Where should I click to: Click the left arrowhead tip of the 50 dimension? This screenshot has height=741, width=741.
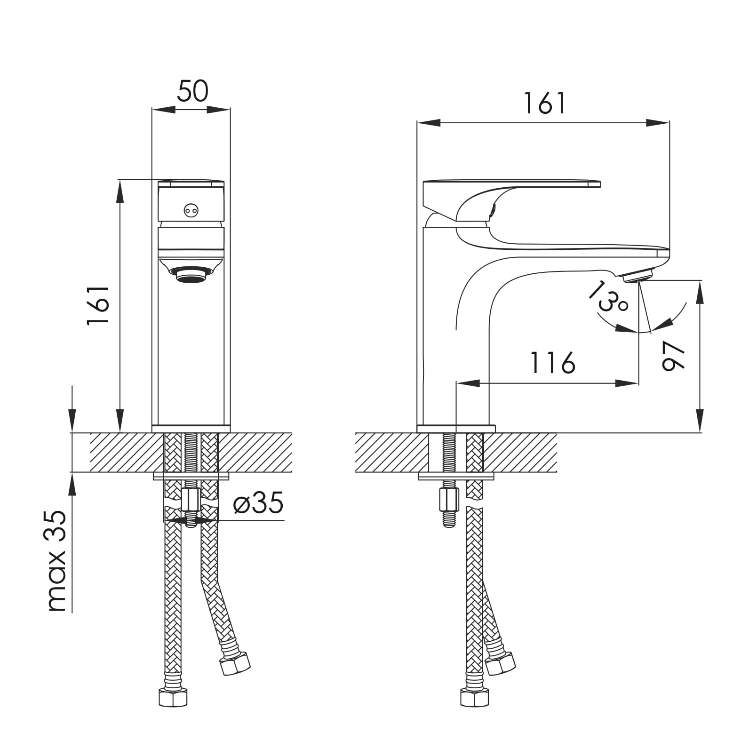point(152,110)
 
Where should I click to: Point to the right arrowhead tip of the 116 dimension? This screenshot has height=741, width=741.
point(638,383)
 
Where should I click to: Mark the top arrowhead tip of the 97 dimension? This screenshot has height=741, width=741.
point(701,281)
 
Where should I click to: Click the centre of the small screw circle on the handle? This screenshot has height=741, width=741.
point(191,211)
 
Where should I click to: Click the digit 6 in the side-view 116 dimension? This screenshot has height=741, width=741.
point(566,362)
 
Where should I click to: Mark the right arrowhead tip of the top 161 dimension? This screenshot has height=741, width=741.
point(669,123)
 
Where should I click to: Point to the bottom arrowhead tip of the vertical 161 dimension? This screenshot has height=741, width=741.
point(120,432)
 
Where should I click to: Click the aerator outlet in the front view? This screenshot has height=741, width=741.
point(191,275)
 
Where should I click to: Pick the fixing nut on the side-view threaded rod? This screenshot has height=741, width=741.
point(449,500)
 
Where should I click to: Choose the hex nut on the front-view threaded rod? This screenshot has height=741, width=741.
point(191,500)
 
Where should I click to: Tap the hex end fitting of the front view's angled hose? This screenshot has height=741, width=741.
point(235,663)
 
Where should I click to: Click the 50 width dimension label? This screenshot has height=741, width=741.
point(192,91)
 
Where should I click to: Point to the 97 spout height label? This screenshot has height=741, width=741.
point(673,356)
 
